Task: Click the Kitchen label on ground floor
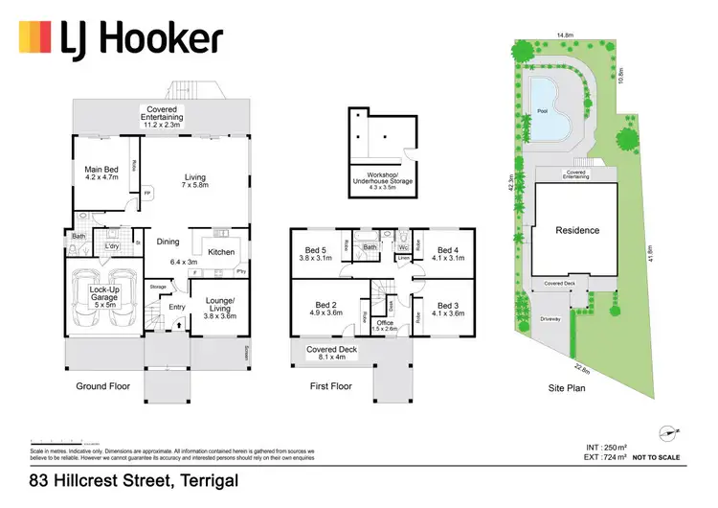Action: click(x=221, y=252)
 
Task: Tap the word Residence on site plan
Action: click(x=577, y=230)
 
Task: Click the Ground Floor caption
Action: click(x=103, y=386)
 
